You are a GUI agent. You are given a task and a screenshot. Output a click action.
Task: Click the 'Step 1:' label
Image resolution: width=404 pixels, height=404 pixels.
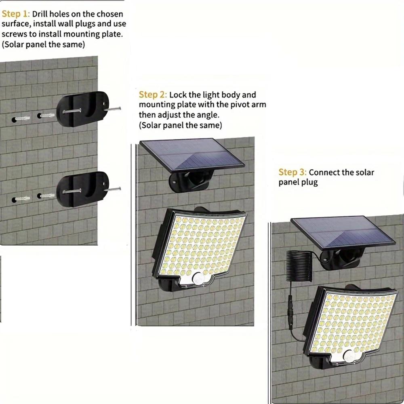(15, 15)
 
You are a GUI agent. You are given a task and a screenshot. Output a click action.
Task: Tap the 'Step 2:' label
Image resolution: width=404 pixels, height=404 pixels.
(153, 95)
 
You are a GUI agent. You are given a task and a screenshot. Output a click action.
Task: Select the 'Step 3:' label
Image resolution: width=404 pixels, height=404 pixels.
(292, 173)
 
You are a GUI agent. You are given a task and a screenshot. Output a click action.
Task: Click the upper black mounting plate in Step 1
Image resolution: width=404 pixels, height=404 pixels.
(82, 109)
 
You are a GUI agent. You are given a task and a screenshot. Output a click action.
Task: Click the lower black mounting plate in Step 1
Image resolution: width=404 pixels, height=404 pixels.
(82, 189)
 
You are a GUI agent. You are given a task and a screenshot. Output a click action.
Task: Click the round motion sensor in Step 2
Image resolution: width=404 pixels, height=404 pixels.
(198, 278)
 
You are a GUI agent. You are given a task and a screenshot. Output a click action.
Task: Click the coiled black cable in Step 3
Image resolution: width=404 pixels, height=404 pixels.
(299, 267)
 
